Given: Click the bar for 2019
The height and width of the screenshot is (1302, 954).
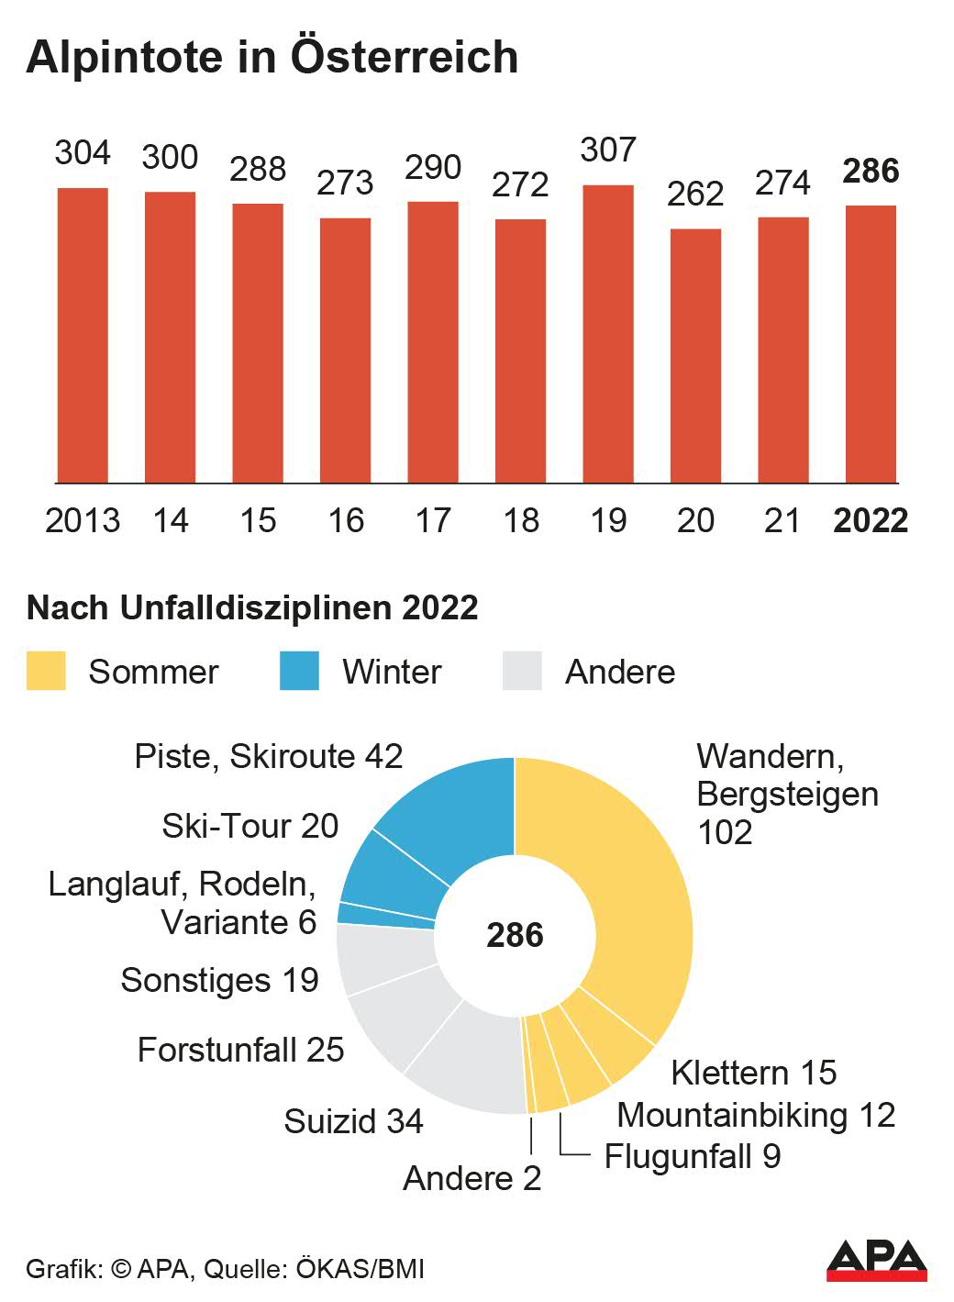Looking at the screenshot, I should point(608,334).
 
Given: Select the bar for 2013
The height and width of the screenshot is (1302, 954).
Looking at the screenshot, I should point(83,335).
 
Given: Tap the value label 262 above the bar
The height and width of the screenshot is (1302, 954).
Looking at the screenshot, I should point(695,194).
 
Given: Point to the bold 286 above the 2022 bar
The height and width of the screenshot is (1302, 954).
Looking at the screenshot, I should point(871,171).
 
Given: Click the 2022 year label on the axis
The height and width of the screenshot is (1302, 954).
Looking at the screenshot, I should point(871,520).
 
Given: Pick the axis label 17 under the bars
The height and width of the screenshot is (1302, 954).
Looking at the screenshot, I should point(433,520).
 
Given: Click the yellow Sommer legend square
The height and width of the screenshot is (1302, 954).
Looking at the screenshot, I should point(46,671).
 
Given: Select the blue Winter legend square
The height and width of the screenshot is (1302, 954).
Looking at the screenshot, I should point(299,671).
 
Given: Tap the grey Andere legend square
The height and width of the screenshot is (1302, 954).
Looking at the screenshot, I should point(522,671).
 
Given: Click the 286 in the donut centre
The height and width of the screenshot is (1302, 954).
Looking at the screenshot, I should point(515,935).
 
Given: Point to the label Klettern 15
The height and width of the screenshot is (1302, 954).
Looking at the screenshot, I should point(753,1072).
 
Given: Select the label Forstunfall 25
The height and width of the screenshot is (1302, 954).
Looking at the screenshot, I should point(240,1049).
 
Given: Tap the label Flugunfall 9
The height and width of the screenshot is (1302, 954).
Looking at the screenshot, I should point(693,1155).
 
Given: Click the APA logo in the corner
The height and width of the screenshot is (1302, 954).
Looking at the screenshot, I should point(876,1261).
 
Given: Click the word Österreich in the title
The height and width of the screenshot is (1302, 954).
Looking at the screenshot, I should point(405,57).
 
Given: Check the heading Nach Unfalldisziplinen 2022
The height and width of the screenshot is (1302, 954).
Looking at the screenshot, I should point(252,607).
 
